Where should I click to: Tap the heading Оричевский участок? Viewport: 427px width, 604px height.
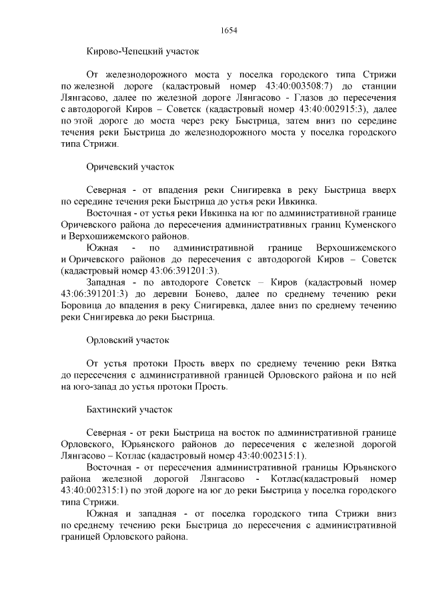click(130, 167)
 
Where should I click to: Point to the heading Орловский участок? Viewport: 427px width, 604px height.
click(128, 340)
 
